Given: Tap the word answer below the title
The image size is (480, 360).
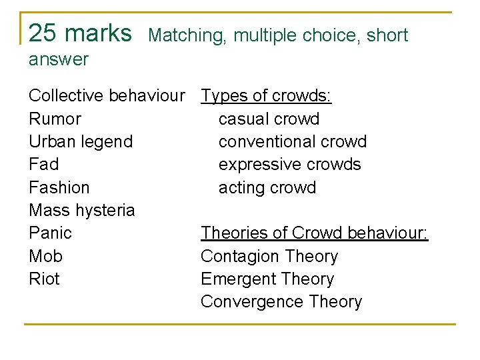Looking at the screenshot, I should [x=59, y=59].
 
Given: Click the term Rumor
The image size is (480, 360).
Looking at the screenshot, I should [x=55, y=119].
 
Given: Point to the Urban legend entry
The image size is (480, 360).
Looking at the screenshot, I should [x=81, y=142].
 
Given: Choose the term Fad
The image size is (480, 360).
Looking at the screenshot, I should [x=44, y=165].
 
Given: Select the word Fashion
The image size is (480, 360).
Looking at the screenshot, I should [x=59, y=187].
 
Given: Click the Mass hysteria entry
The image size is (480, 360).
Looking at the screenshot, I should [x=82, y=211].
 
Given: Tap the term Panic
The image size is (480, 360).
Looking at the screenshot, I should [x=51, y=233].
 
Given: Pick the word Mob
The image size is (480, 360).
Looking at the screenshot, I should [x=46, y=256].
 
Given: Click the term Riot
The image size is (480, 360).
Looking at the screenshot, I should [x=45, y=279].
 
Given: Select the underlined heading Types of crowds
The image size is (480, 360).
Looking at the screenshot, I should [x=266, y=97].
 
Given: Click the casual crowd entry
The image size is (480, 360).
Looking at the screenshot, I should [x=269, y=119].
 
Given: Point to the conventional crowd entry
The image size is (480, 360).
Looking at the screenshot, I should [x=293, y=142].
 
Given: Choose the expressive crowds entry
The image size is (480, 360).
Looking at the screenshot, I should [x=289, y=165].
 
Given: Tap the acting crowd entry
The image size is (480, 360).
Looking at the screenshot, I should [x=267, y=187].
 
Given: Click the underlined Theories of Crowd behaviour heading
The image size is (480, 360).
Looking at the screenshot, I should [x=315, y=233].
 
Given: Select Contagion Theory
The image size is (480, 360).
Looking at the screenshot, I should [x=269, y=256].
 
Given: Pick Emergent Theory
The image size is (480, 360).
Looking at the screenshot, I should [x=267, y=279].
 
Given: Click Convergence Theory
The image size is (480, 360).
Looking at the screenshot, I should [x=281, y=301].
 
